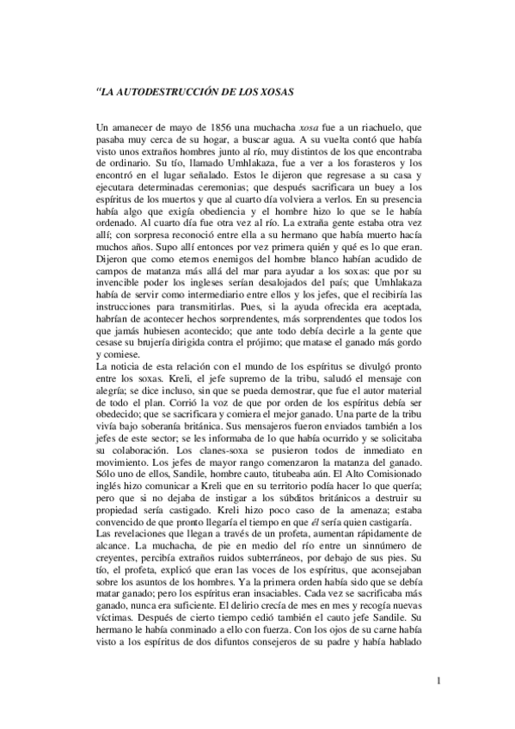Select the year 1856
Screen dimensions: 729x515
click(x=212, y=127)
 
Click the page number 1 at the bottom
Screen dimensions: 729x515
click(x=438, y=683)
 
